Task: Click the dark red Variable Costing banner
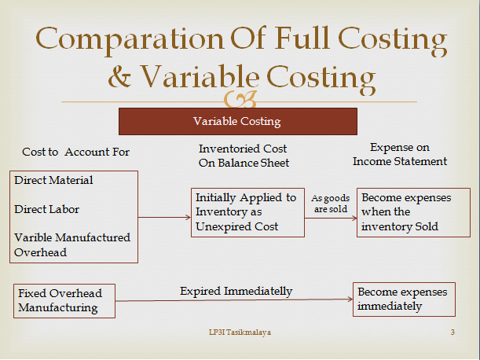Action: pyautogui.click(x=237, y=122)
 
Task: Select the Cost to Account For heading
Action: pyautogui.click(x=75, y=152)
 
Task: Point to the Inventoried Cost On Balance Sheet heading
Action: pyautogui.click(x=243, y=156)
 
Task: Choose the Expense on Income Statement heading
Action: pyautogui.click(x=399, y=154)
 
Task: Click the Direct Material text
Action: pyautogui.click(x=53, y=180)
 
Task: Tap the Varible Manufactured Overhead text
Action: pyautogui.click(x=72, y=244)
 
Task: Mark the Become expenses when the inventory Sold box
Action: pyautogui.click(x=406, y=212)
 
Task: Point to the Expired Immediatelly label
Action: pyautogui.click(x=236, y=291)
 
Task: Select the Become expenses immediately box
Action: pyautogui.click(x=402, y=299)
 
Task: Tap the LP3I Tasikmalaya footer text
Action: pyautogui.click(x=236, y=333)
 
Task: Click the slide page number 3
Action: pyautogui.click(x=453, y=333)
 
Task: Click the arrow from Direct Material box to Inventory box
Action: pyautogui.click(x=165, y=217)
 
